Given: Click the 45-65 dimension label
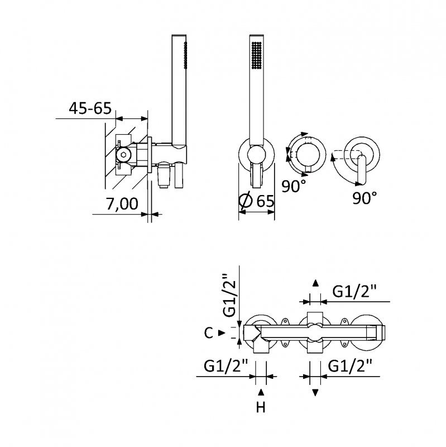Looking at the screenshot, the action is click(x=90, y=108).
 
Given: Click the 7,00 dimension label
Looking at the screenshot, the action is click(x=122, y=203).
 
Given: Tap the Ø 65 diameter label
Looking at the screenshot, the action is click(x=257, y=201).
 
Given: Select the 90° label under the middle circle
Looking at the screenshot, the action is click(x=294, y=186).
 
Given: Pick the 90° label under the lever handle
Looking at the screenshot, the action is click(x=365, y=198).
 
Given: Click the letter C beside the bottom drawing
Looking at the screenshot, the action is click(x=208, y=332).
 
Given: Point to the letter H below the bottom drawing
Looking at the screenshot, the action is click(x=261, y=407).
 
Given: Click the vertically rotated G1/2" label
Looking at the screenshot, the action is click(x=229, y=296).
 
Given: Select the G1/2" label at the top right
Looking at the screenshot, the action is click(x=354, y=292).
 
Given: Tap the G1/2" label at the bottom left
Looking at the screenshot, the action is click(x=226, y=366).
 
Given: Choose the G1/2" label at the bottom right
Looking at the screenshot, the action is click(x=351, y=366).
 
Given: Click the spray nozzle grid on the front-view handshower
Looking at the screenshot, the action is click(x=257, y=55).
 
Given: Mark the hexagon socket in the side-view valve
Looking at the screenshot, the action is click(x=123, y=155).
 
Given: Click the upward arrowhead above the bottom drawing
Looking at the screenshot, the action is click(x=315, y=283).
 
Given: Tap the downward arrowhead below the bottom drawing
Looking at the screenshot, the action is click(x=315, y=393).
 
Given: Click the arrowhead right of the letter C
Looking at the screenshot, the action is click(x=222, y=332).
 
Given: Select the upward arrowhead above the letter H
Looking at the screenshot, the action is click(x=261, y=393).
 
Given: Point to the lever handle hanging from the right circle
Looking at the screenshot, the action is click(x=361, y=170).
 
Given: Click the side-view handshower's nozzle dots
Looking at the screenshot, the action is click(x=186, y=55).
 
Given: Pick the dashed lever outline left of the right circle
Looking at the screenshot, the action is click(x=347, y=154).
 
